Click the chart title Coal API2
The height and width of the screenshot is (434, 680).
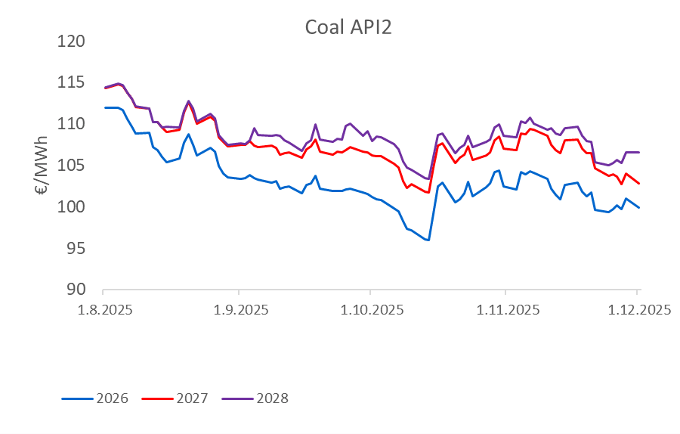[348, 27]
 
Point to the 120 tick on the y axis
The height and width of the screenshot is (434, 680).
[74, 41]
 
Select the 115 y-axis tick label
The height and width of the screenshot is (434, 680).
[74, 82]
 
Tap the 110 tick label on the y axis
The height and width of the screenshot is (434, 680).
[74, 124]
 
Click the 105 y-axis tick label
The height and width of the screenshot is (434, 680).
[74, 166]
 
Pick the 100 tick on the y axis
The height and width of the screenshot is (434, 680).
[74, 207]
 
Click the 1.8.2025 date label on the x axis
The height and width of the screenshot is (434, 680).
[104, 310]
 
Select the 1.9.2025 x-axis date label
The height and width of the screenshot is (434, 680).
[238, 310]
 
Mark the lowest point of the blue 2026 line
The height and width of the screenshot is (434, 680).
[428, 240]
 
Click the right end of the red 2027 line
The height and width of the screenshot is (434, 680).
[639, 184]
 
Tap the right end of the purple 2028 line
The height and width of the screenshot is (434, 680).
[639, 152]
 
